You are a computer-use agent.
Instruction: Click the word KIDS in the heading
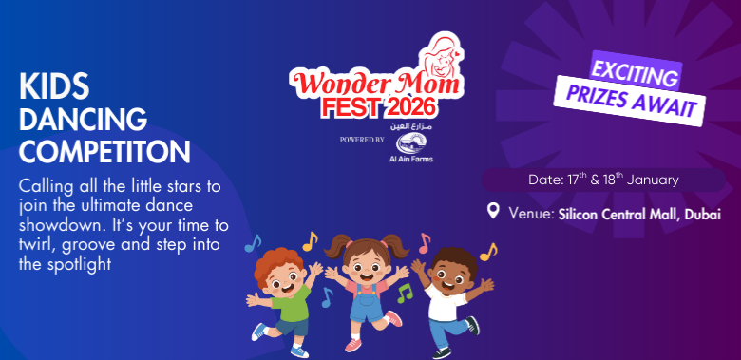54,87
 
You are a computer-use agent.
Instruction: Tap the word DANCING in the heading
84,119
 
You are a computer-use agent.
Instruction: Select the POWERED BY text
362,141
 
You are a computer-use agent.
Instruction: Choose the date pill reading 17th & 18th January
592,179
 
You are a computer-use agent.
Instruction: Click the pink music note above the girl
424,241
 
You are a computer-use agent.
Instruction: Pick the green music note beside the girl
405,294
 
